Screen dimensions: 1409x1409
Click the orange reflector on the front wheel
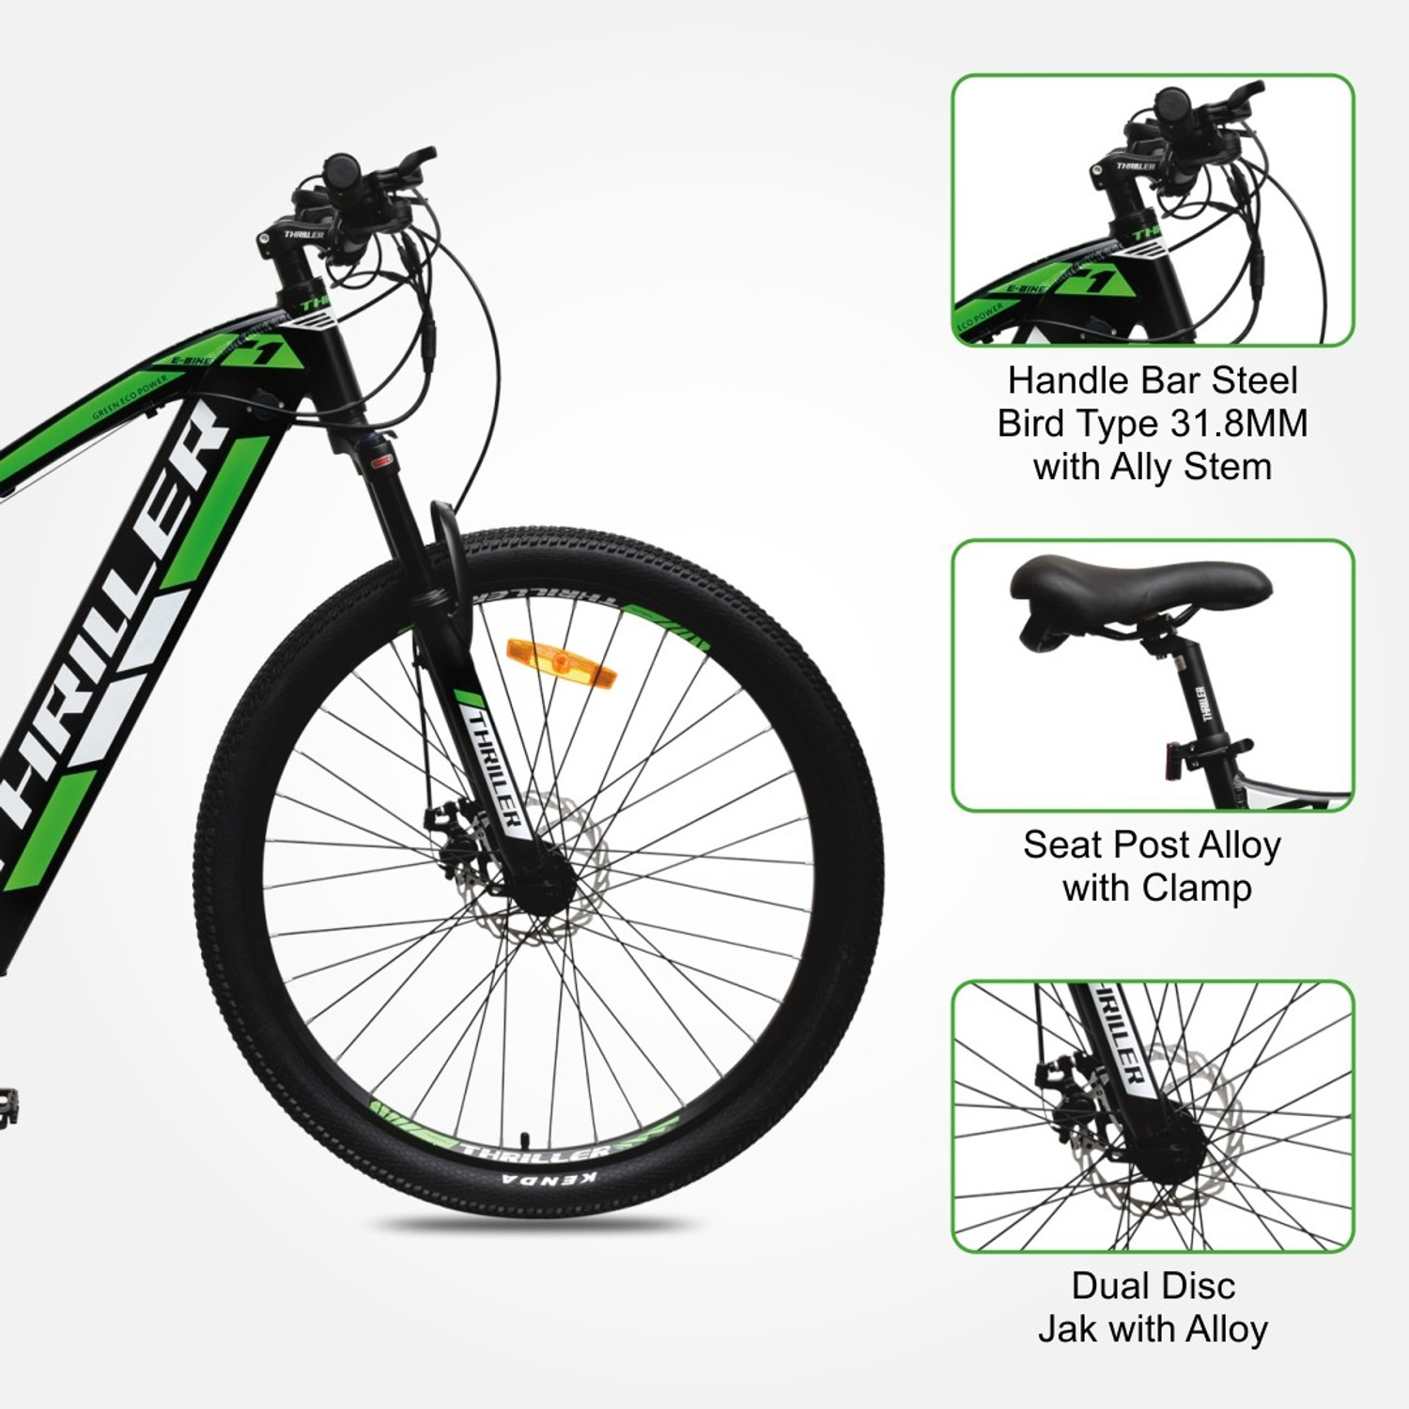click(x=547, y=652)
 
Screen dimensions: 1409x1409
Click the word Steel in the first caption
click(x=1254, y=380)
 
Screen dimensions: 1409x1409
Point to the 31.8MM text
click(x=1239, y=424)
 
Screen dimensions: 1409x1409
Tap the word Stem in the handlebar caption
click(x=1230, y=467)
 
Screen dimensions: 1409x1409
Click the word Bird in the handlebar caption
click(x=1032, y=424)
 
